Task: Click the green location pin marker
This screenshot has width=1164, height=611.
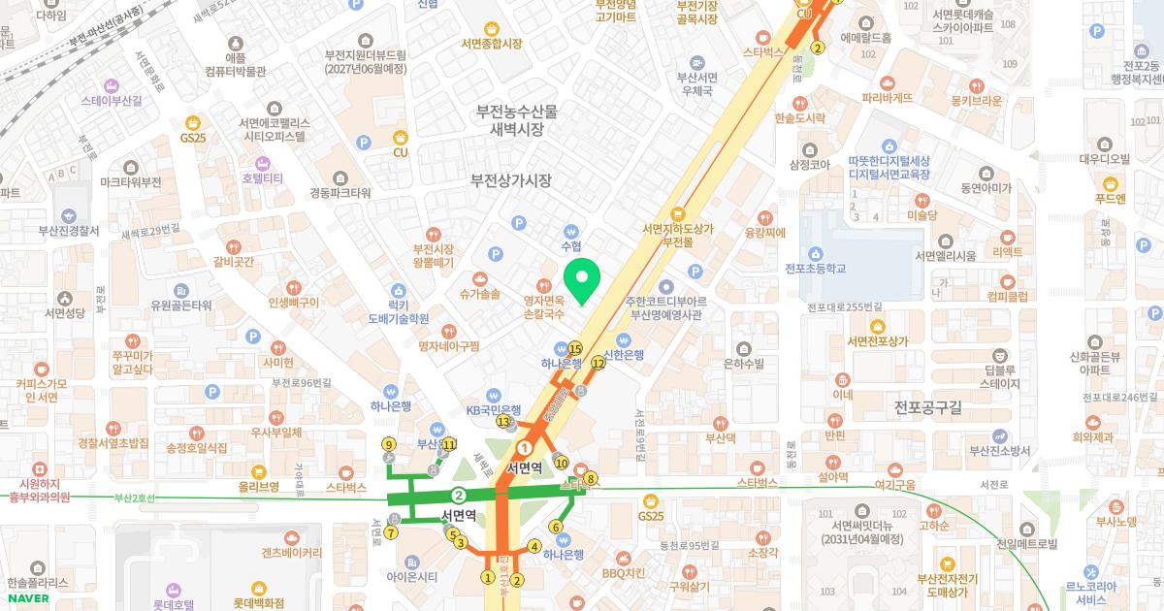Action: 581,281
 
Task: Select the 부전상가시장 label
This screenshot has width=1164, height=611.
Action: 510,180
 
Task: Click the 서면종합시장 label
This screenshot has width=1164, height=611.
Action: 491,44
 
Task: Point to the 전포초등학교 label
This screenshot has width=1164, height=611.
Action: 815,268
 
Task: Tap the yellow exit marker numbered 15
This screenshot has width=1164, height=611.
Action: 575,349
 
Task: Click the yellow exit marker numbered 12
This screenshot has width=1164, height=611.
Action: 598,363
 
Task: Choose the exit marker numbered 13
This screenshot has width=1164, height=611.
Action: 503,422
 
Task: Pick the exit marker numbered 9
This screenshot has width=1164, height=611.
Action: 388,445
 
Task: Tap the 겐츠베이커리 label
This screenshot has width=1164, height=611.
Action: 291,553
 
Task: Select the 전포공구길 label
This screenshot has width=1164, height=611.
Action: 927,407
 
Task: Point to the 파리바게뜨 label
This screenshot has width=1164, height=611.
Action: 888,97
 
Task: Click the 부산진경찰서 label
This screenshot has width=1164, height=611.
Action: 68,231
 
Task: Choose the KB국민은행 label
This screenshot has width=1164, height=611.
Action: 494,409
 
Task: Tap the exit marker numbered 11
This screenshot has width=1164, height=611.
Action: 449,444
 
